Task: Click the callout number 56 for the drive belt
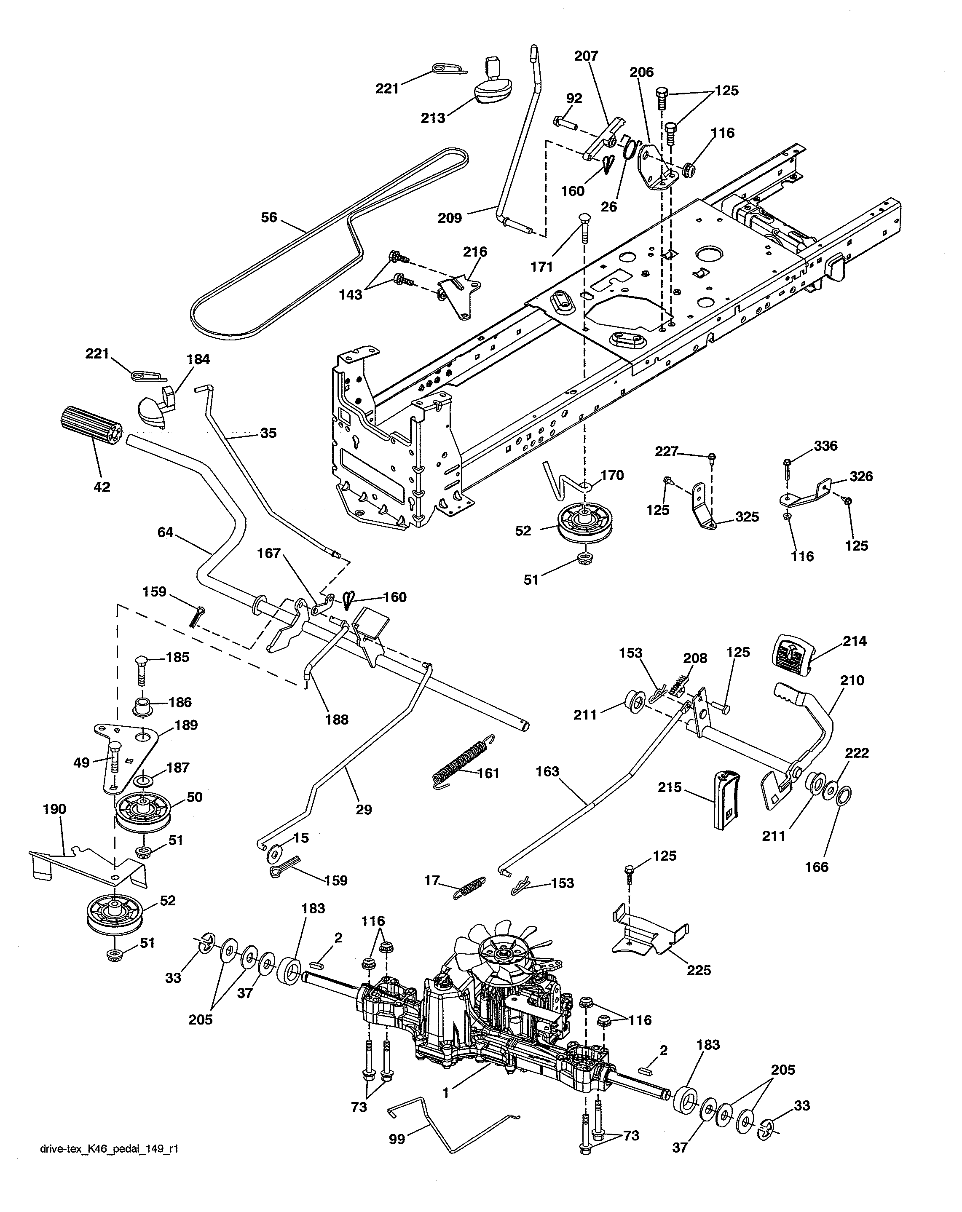coord(269,217)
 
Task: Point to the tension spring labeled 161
coord(464,760)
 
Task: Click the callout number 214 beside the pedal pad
coord(855,641)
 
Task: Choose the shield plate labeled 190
coord(84,866)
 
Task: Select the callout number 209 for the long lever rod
coord(449,217)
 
